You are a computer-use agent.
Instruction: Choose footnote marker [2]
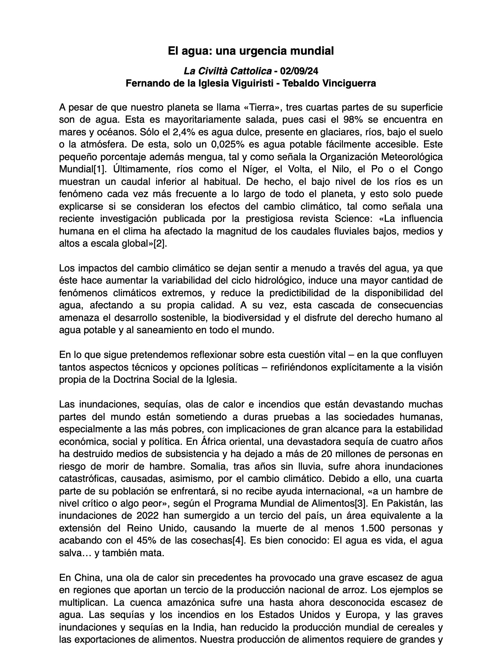click(159, 243)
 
